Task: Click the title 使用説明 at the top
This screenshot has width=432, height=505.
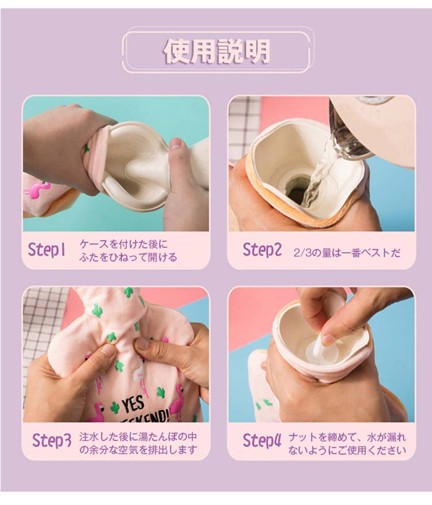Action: point(217,51)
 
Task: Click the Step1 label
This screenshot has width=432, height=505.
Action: point(47,250)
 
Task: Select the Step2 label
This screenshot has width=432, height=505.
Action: point(262,250)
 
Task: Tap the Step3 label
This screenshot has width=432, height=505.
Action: point(51,440)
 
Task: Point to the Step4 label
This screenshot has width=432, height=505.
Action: point(262,440)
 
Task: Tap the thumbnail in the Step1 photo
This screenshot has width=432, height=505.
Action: point(176,144)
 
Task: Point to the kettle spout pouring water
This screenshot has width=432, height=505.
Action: point(349,142)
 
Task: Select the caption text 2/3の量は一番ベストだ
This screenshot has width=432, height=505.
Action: point(347,253)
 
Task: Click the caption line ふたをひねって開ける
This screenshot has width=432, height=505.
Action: point(128,257)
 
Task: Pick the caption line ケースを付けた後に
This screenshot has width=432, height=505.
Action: point(123,244)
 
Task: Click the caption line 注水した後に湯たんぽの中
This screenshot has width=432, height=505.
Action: point(138,437)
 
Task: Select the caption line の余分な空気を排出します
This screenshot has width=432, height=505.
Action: point(138,450)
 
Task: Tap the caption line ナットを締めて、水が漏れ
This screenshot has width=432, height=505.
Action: point(347,438)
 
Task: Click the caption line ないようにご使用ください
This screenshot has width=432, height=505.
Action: point(347,450)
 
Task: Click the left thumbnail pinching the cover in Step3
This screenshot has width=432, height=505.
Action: point(108,351)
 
